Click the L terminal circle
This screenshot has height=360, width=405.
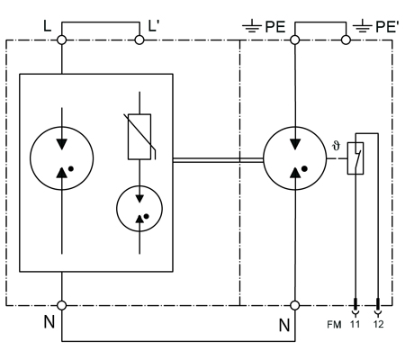tap(61, 40)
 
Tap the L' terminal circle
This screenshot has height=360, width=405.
tap(139, 40)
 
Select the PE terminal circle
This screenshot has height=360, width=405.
tap(295, 40)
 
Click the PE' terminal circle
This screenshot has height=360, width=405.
tap(346, 40)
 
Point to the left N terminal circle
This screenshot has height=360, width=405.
tap(61, 305)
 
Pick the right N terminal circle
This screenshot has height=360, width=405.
tap(295, 305)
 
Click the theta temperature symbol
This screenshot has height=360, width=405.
tap(337, 146)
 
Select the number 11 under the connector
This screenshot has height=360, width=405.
tap(355, 324)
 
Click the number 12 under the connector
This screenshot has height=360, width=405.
tap(378, 324)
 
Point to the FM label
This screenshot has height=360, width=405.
tap(334, 325)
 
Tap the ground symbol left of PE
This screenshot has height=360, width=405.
tap(252, 26)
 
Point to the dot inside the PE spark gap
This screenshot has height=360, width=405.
tap(304, 169)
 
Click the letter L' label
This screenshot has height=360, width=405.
tap(153, 26)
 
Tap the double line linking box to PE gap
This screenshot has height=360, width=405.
tap(218, 160)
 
